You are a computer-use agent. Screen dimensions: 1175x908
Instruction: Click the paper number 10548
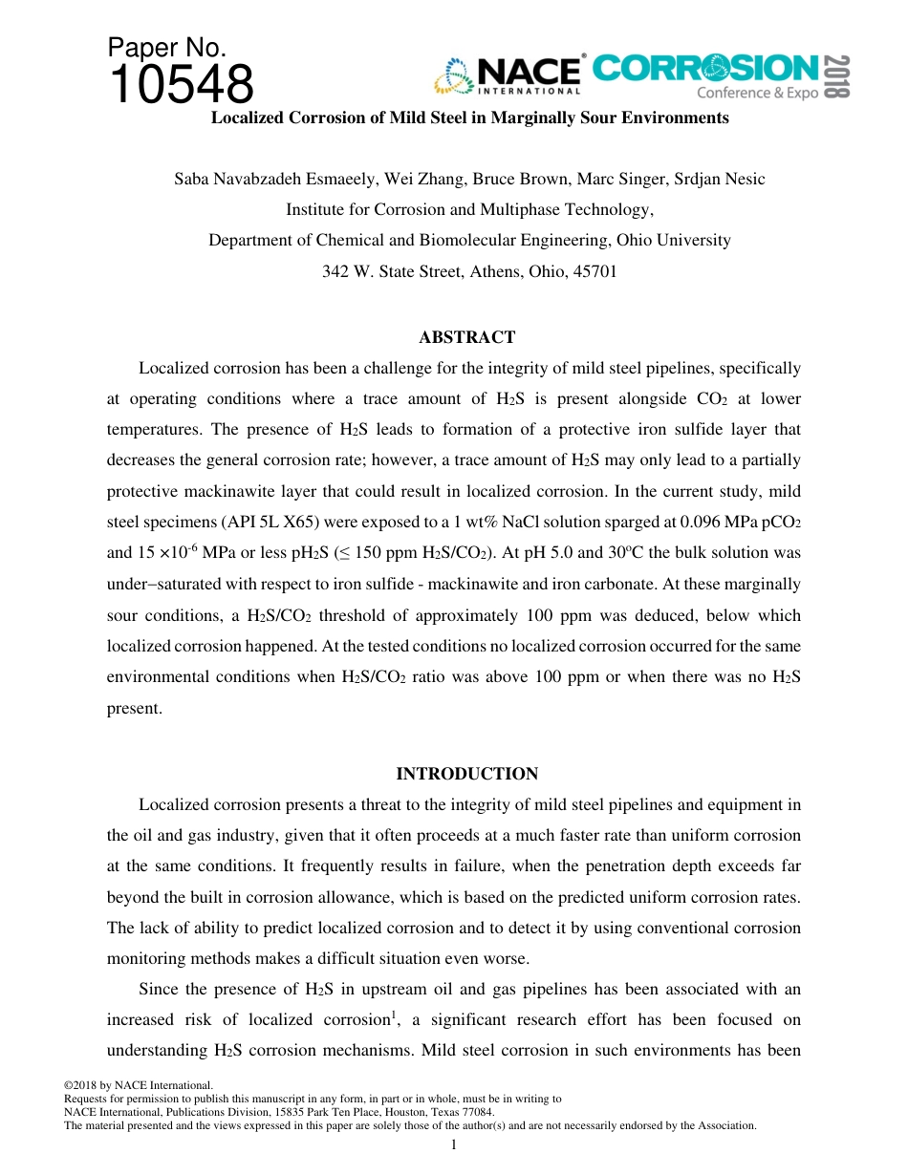(x=182, y=84)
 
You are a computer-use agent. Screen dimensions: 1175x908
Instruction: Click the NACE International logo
(x=508, y=75)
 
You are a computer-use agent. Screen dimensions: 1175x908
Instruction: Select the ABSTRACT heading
(x=466, y=337)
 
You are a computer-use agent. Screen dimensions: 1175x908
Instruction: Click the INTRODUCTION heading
(x=466, y=774)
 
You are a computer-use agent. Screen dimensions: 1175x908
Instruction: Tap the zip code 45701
(x=595, y=271)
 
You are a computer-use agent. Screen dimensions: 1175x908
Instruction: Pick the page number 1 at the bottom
(x=454, y=1144)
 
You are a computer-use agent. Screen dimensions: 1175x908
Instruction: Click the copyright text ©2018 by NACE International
(x=138, y=1085)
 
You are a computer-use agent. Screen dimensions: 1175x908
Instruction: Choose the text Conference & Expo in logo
(x=757, y=93)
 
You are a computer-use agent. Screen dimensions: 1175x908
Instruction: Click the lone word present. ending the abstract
(x=135, y=708)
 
